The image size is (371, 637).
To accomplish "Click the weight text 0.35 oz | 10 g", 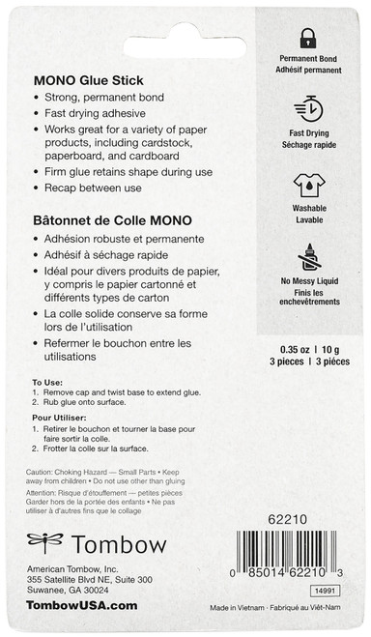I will click(308, 348).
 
